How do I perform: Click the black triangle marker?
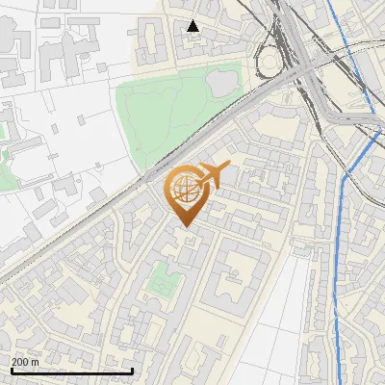tap(193, 26)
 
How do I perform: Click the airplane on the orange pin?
tap(214, 175)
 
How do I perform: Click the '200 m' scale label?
tap(25, 362)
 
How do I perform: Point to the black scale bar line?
tap(71, 371)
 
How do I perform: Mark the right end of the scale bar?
tap(133, 371)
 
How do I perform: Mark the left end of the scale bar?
tap(10, 371)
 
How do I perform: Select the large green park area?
tap(164, 115)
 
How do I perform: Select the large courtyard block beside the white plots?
tap(231, 284)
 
